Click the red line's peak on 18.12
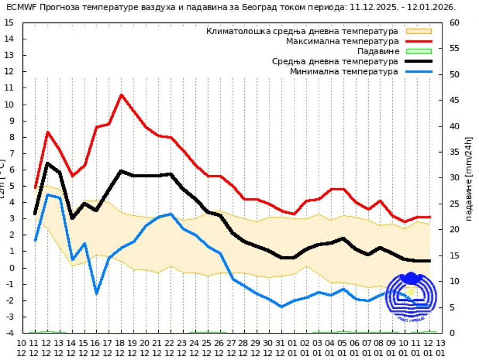(121, 95)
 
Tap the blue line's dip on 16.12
(96, 294)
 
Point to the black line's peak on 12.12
(47, 163)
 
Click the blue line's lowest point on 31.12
(282, 307)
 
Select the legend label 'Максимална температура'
(342, 41)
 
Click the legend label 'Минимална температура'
(344, 71)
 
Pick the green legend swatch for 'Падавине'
(418, 51)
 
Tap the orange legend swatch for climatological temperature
(418, 31)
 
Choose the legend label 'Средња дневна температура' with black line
(335, 61)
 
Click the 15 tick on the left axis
(8, 23)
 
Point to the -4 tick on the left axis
(9, 333)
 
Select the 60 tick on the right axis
(455, 23)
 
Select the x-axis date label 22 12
(170, 347)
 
